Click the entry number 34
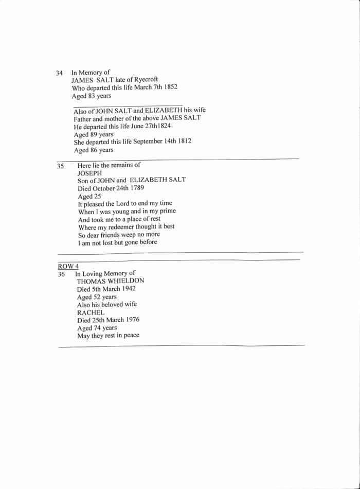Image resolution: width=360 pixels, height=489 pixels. [x=59, y=74]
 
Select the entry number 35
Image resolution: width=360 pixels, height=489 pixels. [x=61, y=166]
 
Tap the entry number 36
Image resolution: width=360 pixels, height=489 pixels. [x=61, y=274]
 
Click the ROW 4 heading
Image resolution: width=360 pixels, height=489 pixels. [x=68, y=266]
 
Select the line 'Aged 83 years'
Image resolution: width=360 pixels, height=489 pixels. [x=92, y=95]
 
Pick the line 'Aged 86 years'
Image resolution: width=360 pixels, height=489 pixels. [x=93, y=150]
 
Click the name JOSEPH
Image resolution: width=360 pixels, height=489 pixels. [x=91, y=173]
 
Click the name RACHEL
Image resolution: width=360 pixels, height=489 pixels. [x=91, y=312]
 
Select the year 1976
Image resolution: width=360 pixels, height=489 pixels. [x=131, y=320]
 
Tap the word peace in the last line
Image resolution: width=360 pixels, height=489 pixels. [x=129, y=336]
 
